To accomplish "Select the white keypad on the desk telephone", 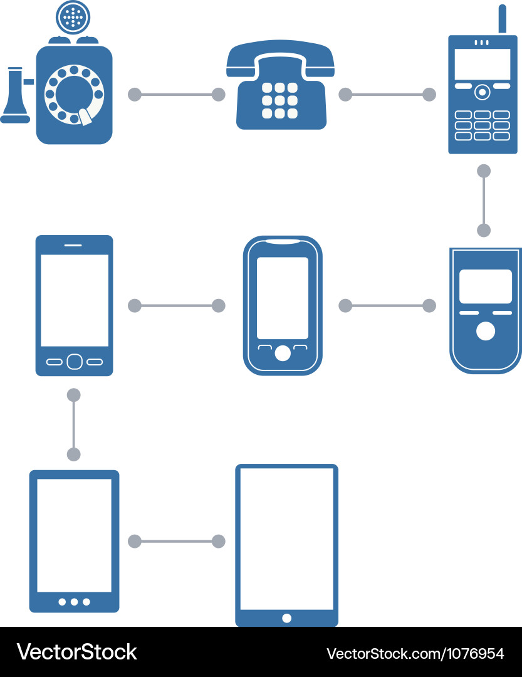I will [279, 100].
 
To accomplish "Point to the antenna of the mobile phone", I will [502, 19].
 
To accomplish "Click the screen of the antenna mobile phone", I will [483, 64].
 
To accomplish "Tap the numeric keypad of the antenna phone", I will [482, 125].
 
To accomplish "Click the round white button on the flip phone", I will [485, 331].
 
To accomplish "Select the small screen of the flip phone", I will [485, 286].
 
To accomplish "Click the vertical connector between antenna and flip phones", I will [484, 201].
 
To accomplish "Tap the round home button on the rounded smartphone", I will [283, 354].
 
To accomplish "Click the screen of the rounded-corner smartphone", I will [283, 298].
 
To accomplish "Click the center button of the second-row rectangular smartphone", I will [74, 362].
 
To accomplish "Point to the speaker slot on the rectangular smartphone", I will [73, 244].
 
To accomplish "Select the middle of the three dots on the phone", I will [74, 602].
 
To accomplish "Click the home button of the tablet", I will [286, 618].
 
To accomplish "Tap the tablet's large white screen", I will [286, 539].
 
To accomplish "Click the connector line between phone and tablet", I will [176, 542].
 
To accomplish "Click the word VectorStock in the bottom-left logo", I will [76, 652].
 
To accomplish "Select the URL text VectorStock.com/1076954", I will [415, 654].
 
